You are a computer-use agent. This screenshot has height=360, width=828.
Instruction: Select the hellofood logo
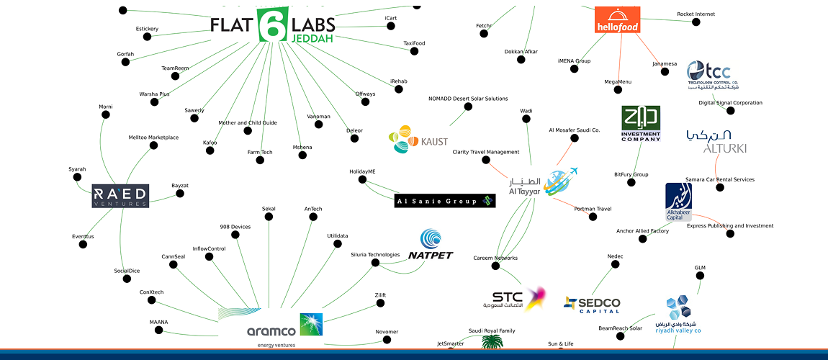(x=616, y=20)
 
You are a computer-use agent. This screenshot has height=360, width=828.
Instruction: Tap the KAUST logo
(x=418, y=140)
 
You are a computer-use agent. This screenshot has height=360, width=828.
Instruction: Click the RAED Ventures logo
(x=120, y=195)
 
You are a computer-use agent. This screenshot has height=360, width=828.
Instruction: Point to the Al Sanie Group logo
(x=445, y=201)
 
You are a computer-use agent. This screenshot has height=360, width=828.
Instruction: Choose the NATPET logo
(x=431, y=245)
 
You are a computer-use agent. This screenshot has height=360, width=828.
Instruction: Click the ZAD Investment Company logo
(x=640, y=124)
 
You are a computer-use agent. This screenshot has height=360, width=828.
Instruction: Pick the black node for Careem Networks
(x=495, y=266)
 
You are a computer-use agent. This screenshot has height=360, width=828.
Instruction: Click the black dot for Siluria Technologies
(x=375, y=263)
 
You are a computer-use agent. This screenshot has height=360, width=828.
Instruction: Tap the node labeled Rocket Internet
(x=696, y=22)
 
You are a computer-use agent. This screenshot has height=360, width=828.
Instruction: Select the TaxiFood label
(x=414, y=43)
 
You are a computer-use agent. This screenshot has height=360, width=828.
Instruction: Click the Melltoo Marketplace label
(x=153, y=137)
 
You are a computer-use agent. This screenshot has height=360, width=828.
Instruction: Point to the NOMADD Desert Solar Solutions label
(x=468, y=99)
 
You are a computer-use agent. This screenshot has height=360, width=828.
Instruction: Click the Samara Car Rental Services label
(x=719, y=179)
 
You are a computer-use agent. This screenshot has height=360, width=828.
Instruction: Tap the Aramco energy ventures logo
(x=271, y=324)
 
